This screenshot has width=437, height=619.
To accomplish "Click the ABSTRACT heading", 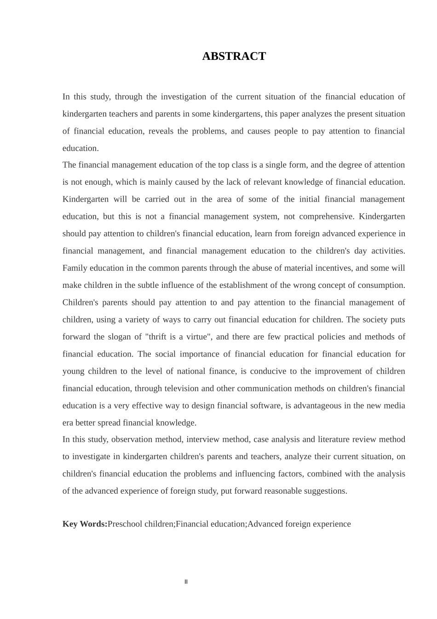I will click(x=234, y=56).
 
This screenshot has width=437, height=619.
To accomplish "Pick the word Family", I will click(x=75, y=268).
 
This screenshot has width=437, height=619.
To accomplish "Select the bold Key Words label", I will click(x=85, y=524).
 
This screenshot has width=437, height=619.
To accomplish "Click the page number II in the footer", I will click(x=186, y=582).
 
